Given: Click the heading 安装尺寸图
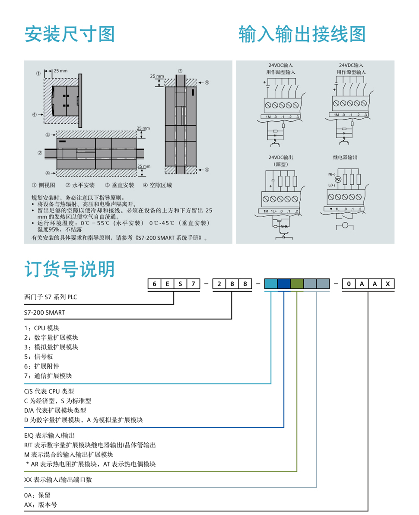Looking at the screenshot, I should [70, 34].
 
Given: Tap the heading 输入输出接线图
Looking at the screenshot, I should [302, 34].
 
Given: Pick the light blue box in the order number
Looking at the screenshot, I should [271, 284].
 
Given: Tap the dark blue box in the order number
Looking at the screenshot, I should [284, 284].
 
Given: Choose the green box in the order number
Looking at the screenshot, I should [297, 284].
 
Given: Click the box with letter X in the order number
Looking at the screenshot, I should [388, 284].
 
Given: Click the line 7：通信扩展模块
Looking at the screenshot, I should [48, 376].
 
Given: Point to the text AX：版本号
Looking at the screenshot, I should [41, 504].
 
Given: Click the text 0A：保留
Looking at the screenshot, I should [38, 495].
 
